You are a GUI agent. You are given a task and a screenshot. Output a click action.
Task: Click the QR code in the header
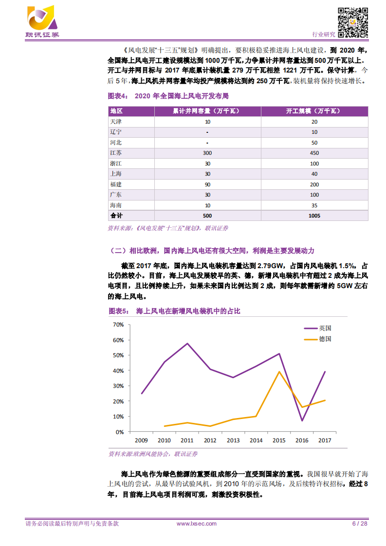[352, 23]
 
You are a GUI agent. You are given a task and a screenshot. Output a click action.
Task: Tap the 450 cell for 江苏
[314, 152]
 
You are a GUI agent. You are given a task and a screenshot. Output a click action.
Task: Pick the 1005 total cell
[314, 215]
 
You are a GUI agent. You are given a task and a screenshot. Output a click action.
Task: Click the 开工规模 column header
[314, 111]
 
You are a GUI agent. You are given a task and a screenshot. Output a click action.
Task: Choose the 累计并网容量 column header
[207, 111]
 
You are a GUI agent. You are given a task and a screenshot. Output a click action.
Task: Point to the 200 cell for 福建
[314, 184]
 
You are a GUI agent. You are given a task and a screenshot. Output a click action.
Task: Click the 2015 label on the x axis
[279, 440]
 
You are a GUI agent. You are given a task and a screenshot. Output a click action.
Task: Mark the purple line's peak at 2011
[187, 344]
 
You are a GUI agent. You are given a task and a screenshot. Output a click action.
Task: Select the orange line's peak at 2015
[279, 372]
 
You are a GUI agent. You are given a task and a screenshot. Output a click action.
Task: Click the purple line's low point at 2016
[302, 421]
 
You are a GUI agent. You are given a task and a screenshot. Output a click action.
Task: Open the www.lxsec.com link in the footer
[196, 524]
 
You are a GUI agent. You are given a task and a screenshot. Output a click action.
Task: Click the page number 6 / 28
[359, 524]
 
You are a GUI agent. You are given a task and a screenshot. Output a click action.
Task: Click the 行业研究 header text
[323, 34]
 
